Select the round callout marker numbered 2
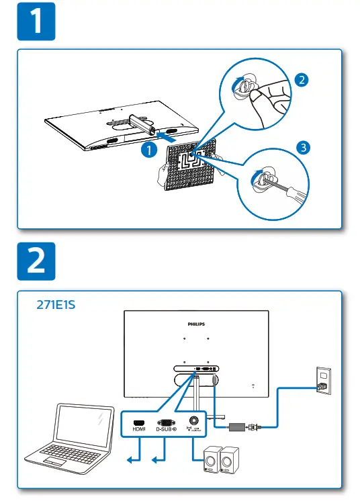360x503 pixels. click(x=300, y=79)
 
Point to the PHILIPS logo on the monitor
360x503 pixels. click(x=195, y=324)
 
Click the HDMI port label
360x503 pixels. click(x=139, y=428)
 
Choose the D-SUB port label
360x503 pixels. click(x=165, y=428)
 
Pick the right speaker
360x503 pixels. click(x=230, y=463)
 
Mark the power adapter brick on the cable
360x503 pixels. click(x=238, y=426)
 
